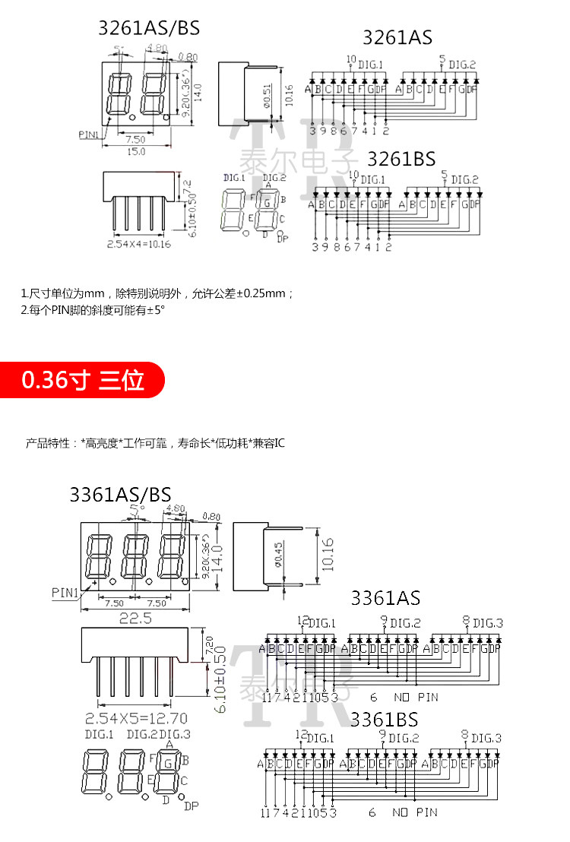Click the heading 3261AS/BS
pos(148,29)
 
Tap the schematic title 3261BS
pos(401,159)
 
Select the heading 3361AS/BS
pos(120,494)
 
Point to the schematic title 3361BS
pos(384,718)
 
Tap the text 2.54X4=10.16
pos(138,244)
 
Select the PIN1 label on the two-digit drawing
pos(89,135)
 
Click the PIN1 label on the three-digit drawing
pos(65,592)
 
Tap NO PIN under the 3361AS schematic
pos(416,697)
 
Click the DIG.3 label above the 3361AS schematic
pos(487,623)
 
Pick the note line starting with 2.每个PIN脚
pos(93,310)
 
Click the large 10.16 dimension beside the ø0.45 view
pos(328,554)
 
